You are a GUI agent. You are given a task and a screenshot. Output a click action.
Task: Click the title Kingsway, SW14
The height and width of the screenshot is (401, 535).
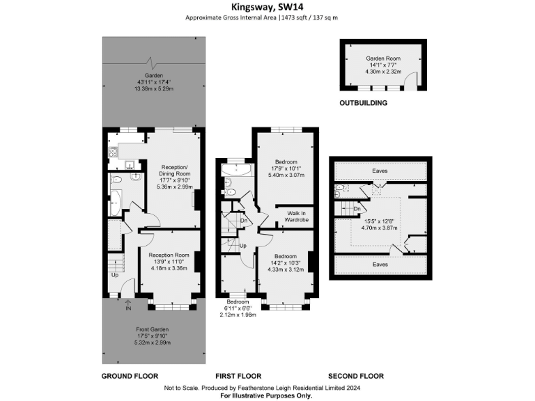(267, 7)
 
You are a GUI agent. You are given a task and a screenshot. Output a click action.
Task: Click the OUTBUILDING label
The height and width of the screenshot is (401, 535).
(364, 103)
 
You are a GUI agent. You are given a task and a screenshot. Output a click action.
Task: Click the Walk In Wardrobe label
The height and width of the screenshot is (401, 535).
(297, 216)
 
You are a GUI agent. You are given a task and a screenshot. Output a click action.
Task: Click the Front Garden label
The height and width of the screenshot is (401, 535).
(152, 329)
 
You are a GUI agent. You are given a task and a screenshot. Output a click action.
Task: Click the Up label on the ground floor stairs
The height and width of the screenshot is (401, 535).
(115, 275)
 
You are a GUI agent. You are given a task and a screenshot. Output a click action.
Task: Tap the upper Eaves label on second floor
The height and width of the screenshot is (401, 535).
(380, 170)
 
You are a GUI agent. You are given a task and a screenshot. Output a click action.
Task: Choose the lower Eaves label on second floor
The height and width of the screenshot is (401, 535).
(380, 264)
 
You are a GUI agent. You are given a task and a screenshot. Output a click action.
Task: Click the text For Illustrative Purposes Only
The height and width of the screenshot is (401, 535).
(267, 395)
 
